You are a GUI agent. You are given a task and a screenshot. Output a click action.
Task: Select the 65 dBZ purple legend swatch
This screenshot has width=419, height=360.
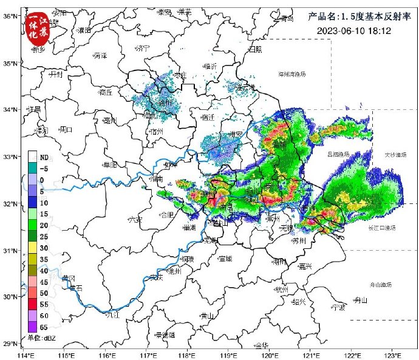coord(33,326)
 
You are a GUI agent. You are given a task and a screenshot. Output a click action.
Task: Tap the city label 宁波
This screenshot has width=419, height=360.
coord(338,308)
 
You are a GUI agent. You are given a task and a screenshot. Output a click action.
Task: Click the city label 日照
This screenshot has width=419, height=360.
coord(255,49)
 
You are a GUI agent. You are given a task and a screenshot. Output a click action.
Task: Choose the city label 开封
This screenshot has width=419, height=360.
coord(56,74)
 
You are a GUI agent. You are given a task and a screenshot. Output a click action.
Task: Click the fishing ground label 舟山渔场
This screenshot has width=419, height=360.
coord(381,284)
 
